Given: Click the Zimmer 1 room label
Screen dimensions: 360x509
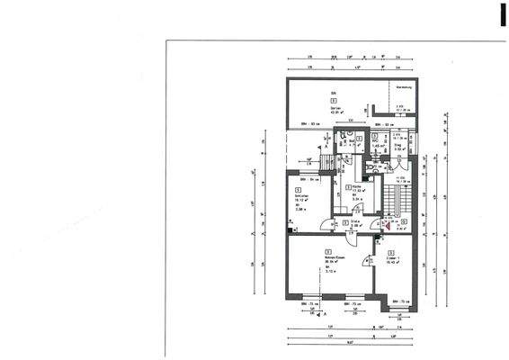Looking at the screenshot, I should (x=391, y=259).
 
